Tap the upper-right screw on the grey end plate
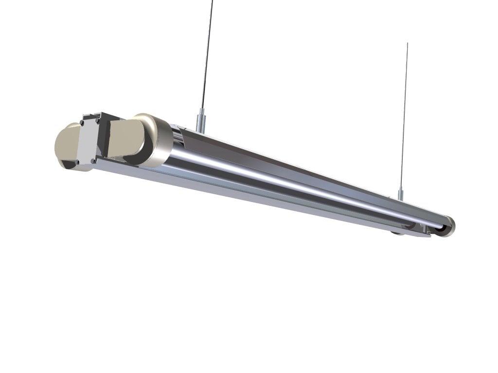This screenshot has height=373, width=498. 97,120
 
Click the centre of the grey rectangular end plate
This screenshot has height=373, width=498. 88,141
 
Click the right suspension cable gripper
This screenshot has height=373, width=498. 400,194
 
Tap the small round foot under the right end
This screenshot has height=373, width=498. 396,232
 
